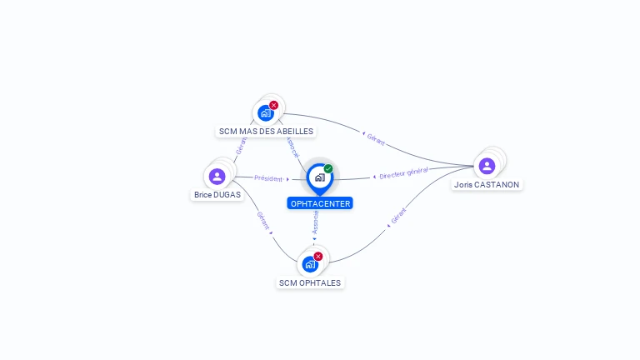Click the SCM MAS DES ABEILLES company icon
[x=266, y=113]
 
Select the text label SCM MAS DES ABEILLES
[x=266, y=132]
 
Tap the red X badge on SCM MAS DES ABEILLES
[x=273, y=106]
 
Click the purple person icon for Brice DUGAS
[x=217, y=177]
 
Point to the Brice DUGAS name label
[x=217, y=195]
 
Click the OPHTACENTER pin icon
[x=319, y=177]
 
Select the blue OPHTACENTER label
[x=320, y=203]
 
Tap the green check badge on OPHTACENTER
[x=328, y=169]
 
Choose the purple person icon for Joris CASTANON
[x=487, y=166]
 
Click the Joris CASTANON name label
[x=487, y=184]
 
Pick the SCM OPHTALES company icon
[x=310, y=264]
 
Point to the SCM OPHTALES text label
[x=310, y=282]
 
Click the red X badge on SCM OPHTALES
[x=317, y=257]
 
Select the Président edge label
[x=268, y=178]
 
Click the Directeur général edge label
[x=403, y=173]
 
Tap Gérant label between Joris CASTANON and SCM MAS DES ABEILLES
[x=375, y=139]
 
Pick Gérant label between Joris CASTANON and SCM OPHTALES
[x=398, y=217]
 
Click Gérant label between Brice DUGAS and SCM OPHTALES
[x=262, y=220]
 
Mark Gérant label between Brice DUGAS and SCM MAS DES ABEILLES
[x=241, y=147]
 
